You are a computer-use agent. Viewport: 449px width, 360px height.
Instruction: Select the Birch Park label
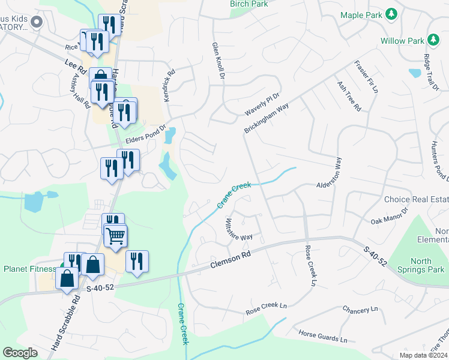click(x=249, y=4)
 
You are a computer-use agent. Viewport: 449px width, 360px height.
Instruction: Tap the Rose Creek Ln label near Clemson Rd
click(x=311, y=265)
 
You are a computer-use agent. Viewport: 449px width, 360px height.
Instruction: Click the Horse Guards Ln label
click(x=323, y=336)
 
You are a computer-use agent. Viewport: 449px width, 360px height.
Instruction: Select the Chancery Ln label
click(x=360, y=310)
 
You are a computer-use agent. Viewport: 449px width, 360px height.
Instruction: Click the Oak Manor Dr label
click(x=389, y=217)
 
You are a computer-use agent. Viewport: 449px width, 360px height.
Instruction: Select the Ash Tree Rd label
click(x=349, y=96)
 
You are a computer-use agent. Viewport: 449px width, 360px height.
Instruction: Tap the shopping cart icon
click(x=116, y=235)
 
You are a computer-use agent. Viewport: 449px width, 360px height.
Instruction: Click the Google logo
click(x=20, y=352)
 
